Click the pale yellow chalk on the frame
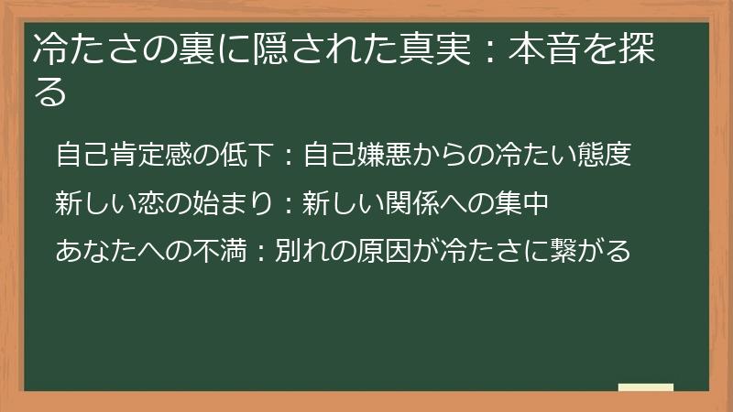[x=645, y=387]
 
